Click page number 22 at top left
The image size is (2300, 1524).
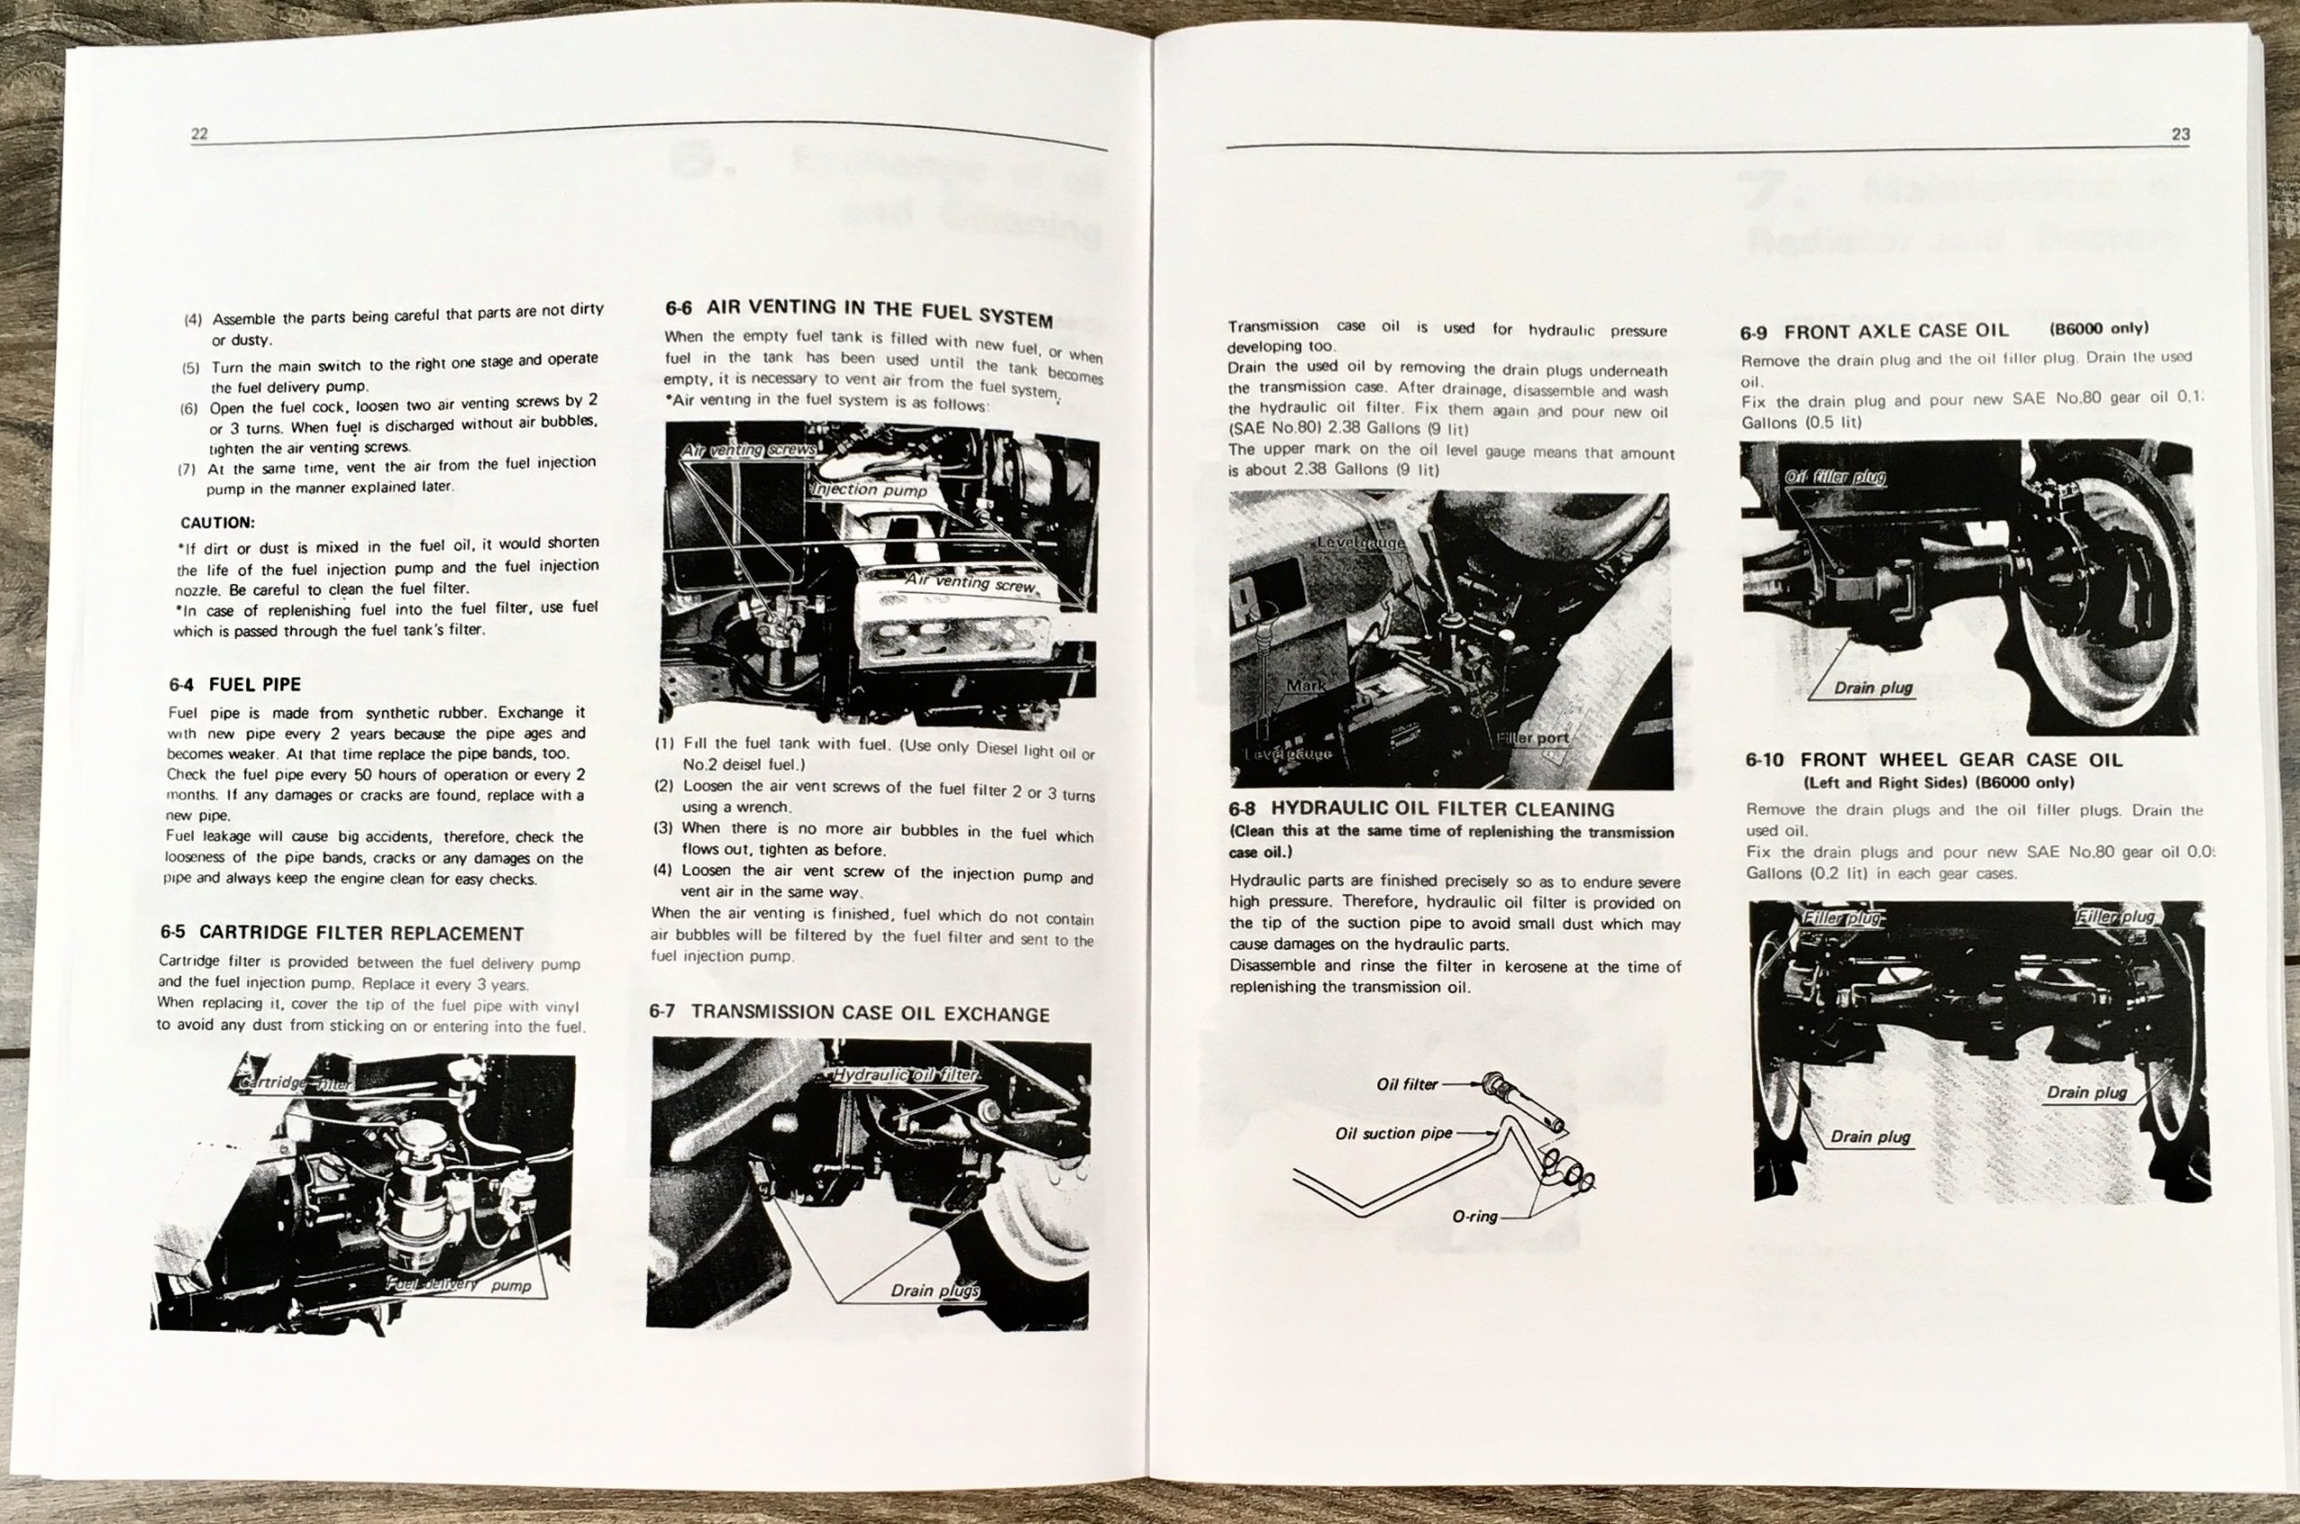199,135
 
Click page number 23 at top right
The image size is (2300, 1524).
2181,135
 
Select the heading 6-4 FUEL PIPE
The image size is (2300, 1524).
235,684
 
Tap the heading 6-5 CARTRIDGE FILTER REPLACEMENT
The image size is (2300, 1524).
342,933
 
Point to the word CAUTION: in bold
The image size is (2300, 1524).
217,523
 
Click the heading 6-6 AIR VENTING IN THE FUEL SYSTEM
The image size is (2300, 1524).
859,312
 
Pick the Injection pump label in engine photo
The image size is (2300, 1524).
869,490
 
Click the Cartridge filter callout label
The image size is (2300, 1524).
296,1083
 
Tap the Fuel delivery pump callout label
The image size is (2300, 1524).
460,1285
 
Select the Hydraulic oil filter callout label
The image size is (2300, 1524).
906,1075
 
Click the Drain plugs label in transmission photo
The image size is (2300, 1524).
934,1290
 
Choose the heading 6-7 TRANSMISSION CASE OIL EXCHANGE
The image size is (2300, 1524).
849,1013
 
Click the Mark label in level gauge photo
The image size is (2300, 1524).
1305,686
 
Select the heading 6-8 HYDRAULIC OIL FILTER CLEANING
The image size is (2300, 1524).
1420,809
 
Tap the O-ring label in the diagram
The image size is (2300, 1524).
1474,1217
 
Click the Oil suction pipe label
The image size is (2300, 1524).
1393,1133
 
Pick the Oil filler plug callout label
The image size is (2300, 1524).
1835,477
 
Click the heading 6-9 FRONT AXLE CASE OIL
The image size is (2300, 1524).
1874,332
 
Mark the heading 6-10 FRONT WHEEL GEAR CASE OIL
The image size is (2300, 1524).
1933,760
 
